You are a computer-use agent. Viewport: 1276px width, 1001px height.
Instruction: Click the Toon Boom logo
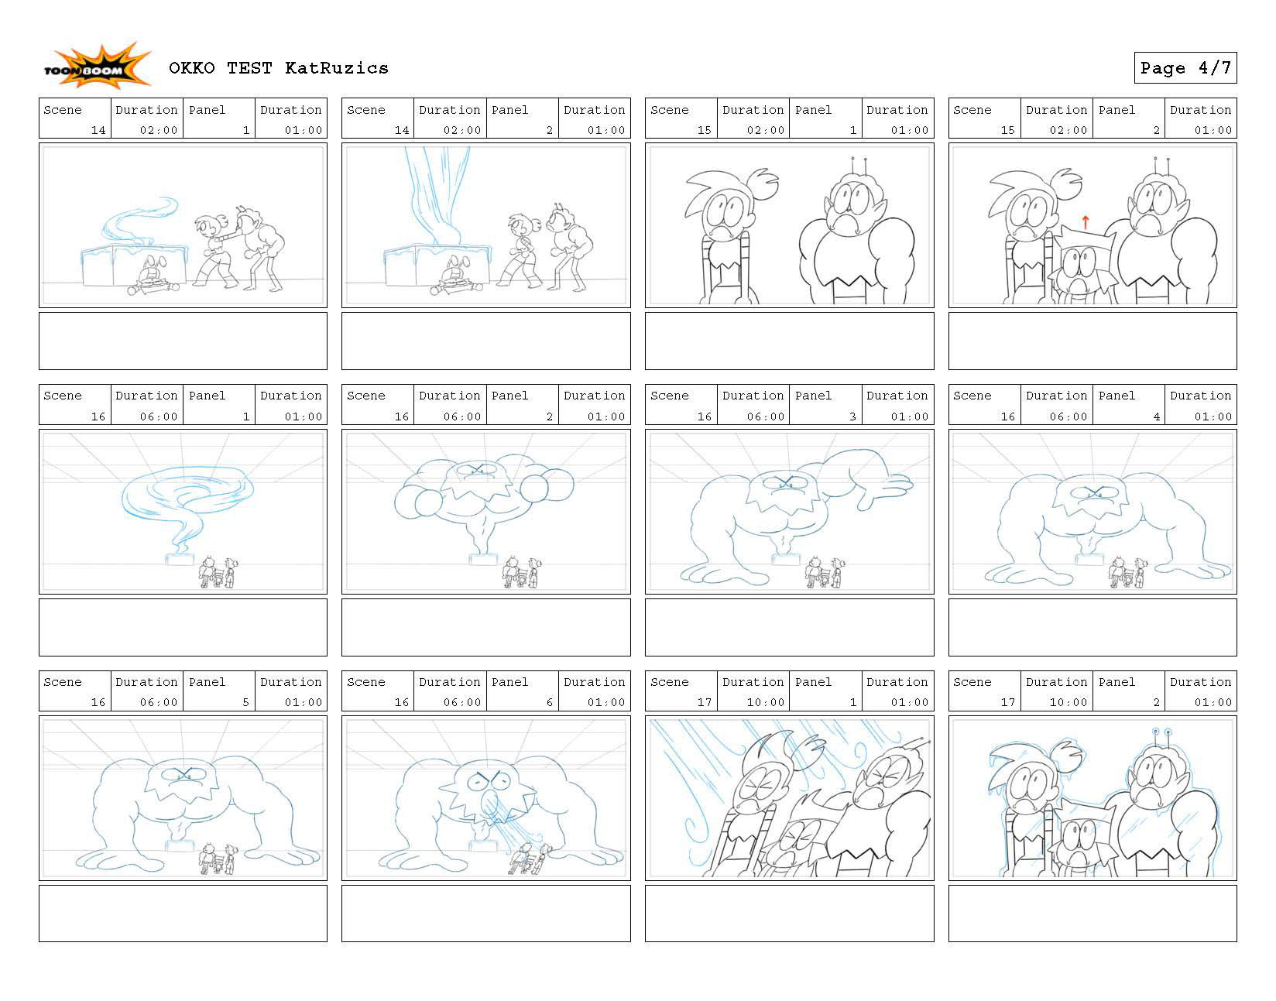(97, 66)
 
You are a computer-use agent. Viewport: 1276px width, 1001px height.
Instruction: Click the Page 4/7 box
(1185, 68)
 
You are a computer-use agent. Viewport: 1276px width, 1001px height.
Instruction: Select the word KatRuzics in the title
(337, 68)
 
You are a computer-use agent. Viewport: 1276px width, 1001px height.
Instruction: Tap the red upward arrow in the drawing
(1086, 222)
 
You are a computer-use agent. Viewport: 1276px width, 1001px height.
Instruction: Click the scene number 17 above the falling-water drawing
(704, 702)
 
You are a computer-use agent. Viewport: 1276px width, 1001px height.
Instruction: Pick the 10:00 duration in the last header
(1068, 702)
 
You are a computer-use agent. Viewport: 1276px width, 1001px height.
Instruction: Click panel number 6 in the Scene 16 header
(550, 702)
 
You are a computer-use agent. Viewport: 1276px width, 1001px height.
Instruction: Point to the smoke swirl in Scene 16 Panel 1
(187, 504)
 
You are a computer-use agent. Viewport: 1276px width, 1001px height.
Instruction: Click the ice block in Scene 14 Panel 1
(135, 266)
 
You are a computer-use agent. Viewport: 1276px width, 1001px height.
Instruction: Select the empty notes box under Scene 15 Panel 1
(789, 341)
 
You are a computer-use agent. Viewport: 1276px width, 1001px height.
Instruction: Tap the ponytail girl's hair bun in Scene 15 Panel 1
(764, 183)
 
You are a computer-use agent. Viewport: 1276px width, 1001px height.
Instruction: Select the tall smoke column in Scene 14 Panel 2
(437, 196)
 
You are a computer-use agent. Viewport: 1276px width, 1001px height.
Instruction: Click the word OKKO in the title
(191, 68)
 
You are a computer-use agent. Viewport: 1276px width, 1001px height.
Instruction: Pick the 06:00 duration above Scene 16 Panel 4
(1068, 417)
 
